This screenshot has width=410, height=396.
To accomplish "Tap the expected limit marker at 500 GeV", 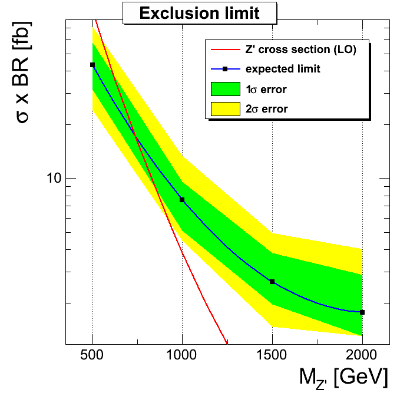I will coord(92,65).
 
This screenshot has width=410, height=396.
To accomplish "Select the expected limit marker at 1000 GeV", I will coord(182,200).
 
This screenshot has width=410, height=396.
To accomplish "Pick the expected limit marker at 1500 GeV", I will coord(272,282).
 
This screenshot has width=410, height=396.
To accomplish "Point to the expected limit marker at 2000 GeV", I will coord(362,312).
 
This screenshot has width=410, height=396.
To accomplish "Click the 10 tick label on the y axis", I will coord(54,178).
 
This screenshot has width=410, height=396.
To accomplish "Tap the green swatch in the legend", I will coord(225,89).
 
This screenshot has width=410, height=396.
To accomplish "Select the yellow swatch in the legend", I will coord(225,108).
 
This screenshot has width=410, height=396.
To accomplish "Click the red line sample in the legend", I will coord(225,49).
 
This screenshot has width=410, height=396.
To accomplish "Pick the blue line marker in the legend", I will coord(225,69).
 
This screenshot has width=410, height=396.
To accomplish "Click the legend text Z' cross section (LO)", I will coord(300,49).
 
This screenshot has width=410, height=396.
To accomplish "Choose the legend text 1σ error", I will coord(266,89).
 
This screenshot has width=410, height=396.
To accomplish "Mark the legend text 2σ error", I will coord(266,109).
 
